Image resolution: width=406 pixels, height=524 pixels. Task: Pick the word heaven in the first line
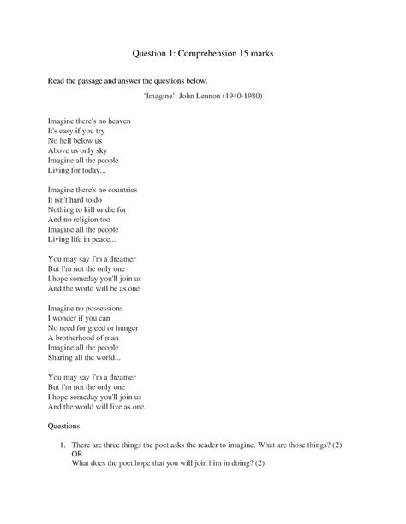click(116, 121)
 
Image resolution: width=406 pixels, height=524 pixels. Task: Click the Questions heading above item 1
click(63, 426)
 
